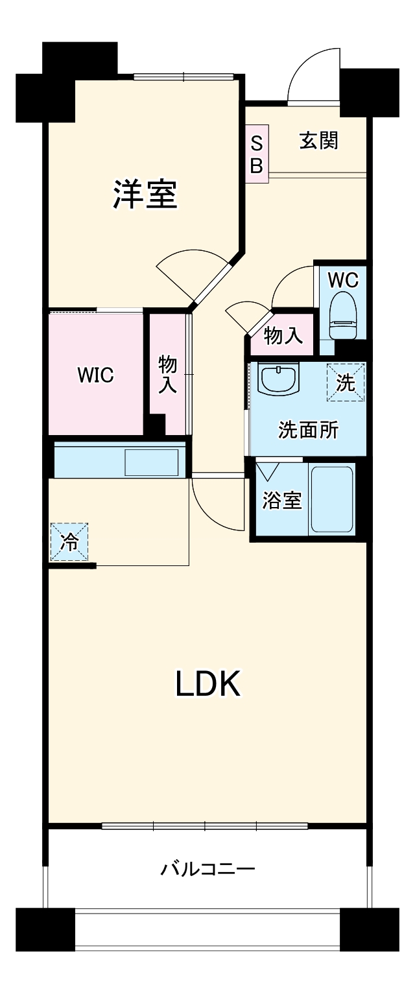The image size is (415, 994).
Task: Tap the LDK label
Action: (x=208, y=684)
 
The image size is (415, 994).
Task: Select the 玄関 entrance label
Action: (x=318, y=140)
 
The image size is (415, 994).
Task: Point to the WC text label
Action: (x=342, y=280)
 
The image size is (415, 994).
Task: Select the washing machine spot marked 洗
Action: (x=346, y=383)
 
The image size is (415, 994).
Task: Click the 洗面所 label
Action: (x=308, y=430)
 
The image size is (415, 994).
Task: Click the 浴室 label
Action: (x=282, y=500)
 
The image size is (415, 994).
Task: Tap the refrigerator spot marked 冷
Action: (x=69, y=542)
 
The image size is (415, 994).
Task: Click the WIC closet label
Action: (x=95, y=375)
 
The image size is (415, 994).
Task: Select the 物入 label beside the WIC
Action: (x=168, y=374)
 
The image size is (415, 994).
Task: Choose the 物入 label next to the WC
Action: (x=283, y=336)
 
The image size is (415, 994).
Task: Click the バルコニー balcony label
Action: (x=207, y=868)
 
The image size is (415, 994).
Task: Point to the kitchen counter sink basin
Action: (x=151, y=462)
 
